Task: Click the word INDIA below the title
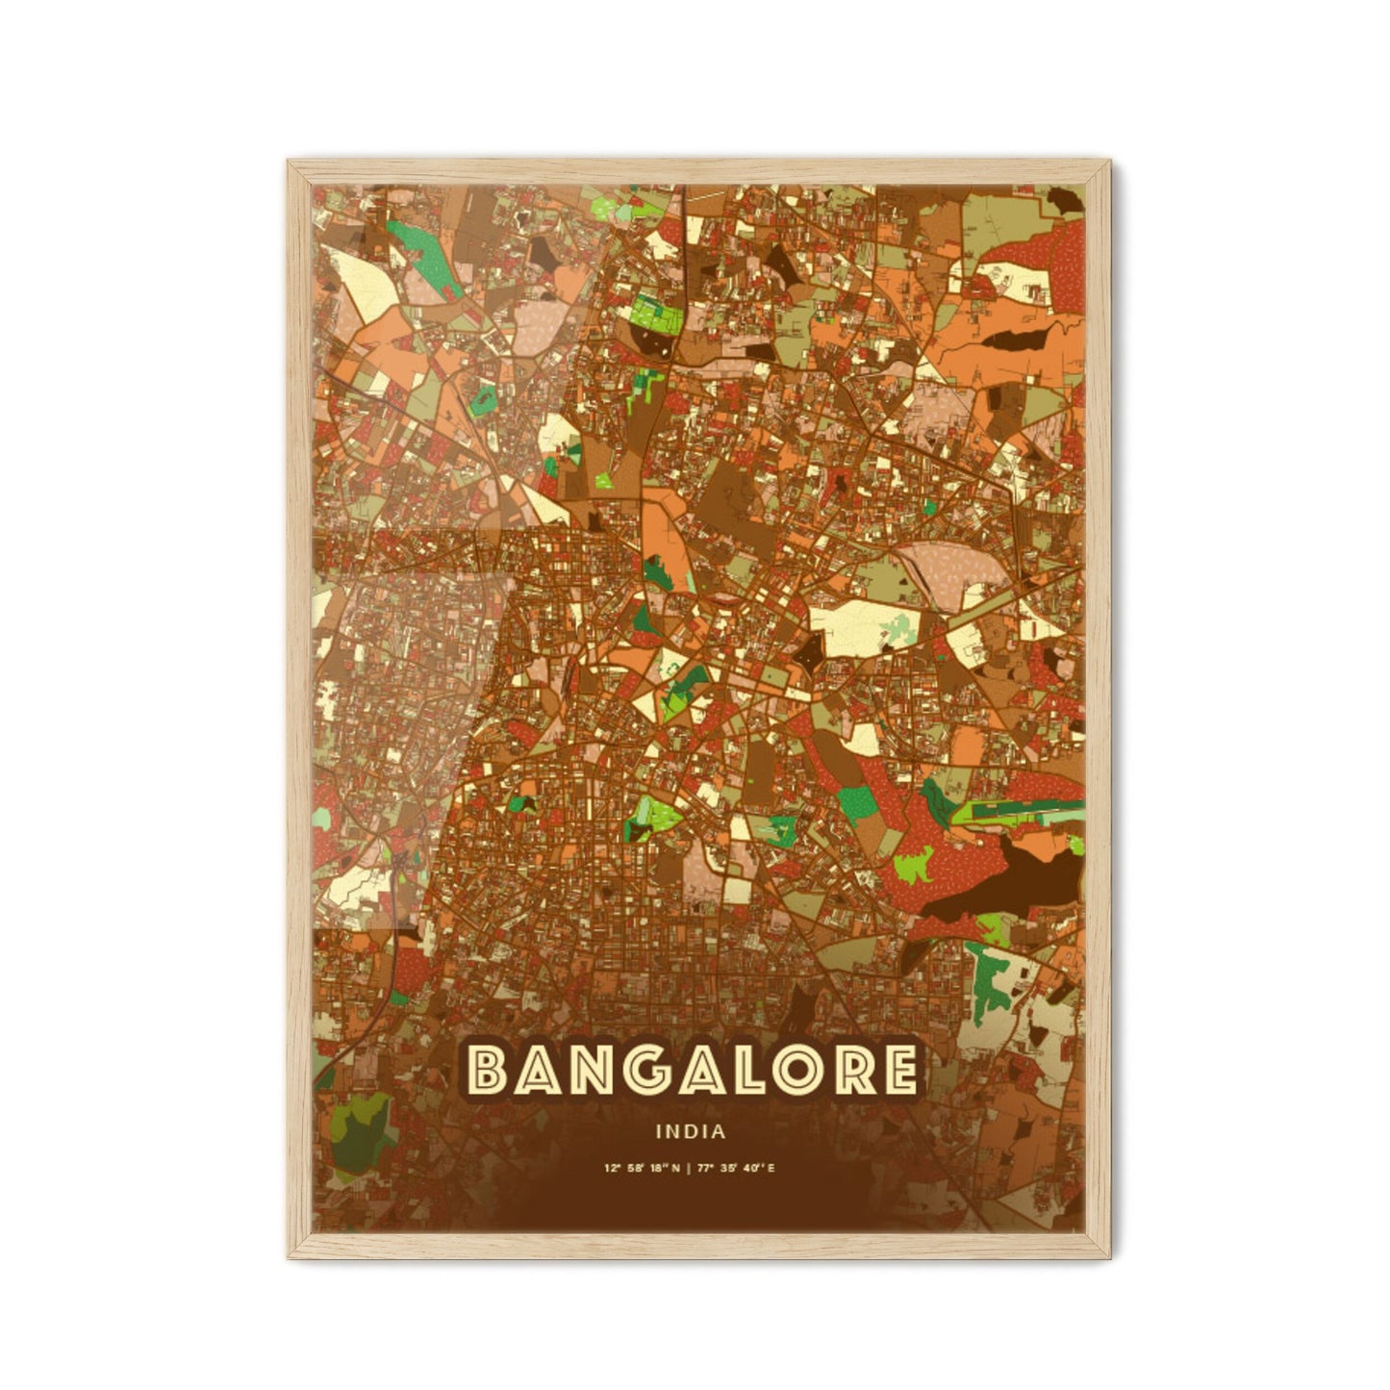coord(691,1132)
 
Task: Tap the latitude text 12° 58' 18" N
coord(642,1169)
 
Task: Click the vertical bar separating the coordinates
coord(691,1169)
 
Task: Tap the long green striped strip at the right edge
coord(1020,811)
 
